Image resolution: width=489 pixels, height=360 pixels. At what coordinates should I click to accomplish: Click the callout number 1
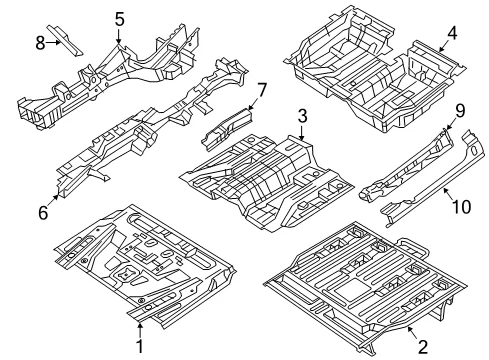coord(140,346)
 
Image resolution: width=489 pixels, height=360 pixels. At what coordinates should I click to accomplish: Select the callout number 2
coord(423,347)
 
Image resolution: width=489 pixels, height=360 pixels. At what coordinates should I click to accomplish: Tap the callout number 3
coord(302,116)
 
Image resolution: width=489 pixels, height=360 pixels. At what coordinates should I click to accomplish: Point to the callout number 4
coord(452,33)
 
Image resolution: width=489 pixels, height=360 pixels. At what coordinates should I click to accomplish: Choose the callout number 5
coord(119,19)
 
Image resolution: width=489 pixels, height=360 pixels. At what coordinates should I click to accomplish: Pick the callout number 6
coord(43,213)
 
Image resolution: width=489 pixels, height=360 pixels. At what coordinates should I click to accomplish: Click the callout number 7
coord(262,90)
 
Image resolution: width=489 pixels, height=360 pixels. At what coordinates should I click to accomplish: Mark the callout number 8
coord(40,43)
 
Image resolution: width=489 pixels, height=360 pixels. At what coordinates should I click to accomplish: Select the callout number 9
coord(460,111)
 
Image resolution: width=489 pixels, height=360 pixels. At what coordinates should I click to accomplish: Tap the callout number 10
coord(461,206)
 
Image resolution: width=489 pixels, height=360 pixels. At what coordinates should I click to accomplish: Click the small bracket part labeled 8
coord(64,40)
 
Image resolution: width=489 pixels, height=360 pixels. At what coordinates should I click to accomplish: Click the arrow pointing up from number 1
coord(140,330)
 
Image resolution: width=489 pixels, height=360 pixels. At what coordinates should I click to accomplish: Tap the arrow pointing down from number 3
coord(302,132)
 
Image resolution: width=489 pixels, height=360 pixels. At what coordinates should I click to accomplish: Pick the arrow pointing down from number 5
coord(119,36)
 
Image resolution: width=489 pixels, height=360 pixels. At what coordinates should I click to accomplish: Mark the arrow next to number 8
coord(53,42)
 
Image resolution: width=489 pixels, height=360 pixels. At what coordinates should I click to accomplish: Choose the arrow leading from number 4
coord(444,46)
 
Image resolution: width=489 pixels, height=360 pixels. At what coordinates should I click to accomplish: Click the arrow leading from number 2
coord(413,333)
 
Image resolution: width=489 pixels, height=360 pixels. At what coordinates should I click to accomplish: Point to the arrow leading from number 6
coord(54,200)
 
